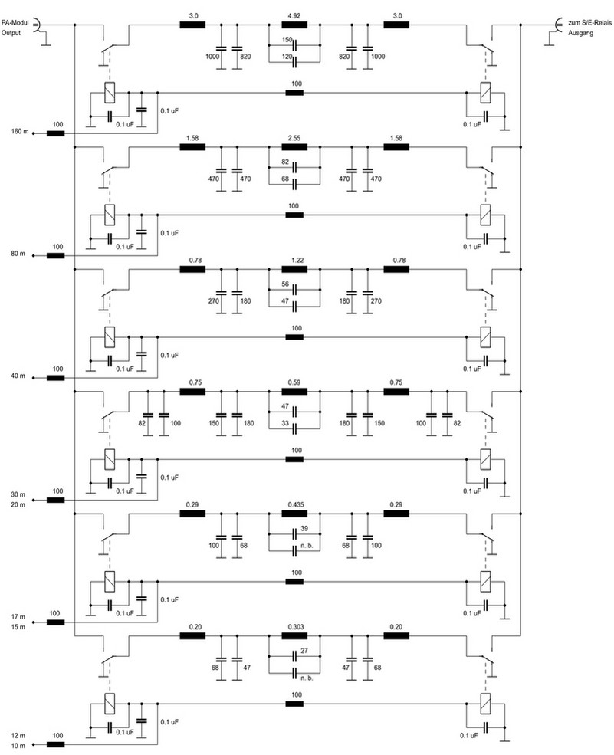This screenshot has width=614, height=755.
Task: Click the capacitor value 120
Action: pyautogui.click(x=287, y=57)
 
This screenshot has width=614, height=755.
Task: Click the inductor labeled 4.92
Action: pyautogui.click(x=294, y=25)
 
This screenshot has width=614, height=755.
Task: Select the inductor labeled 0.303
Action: pyautogui.click(x=294, y=637)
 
